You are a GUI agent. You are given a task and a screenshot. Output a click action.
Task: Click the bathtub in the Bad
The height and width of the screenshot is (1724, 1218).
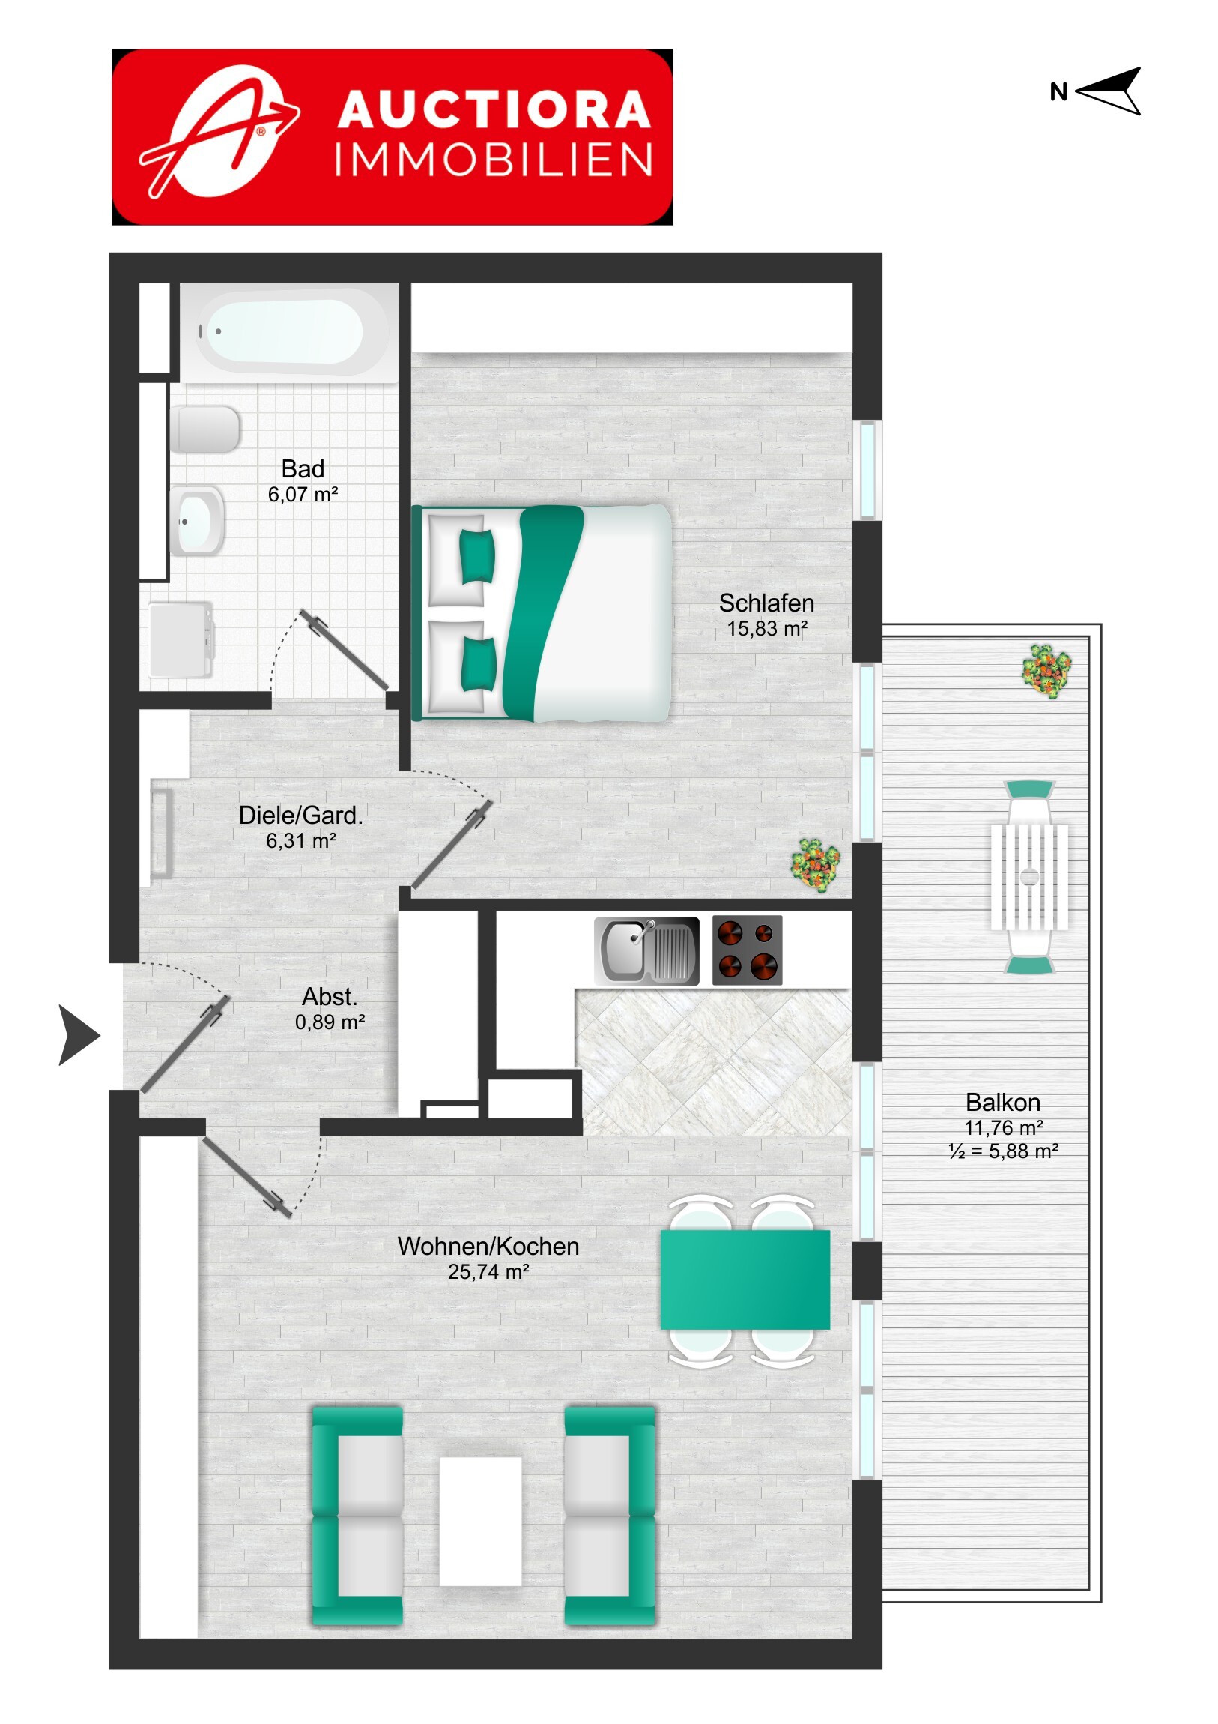pyautogui.click(x=289, y=331)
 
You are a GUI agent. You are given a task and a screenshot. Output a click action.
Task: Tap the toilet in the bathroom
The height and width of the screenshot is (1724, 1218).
pyautogui.click(x=205, y=430)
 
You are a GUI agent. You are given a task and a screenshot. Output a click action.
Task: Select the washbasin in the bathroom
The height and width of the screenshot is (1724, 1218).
pyautogui.click(x=197, y=520)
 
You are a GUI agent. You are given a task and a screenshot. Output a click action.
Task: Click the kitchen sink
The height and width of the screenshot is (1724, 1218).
pyautogui.click(x=647, y=950)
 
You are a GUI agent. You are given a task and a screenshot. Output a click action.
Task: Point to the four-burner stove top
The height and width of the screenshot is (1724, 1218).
pyautogui.click(x=747, y=950)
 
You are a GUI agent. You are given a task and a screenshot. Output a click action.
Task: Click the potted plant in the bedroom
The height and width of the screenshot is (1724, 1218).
pyautogui.click(x=815, y=865)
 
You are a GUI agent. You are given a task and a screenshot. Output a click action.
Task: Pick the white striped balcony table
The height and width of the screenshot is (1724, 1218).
pyautogui.click(x=1030, y=876)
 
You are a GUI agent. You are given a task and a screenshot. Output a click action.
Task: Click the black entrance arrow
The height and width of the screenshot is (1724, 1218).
pyautogui.click(x=79, y=1035)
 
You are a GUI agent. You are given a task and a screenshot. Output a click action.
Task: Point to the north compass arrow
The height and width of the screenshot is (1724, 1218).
pyautogui.click(x=1108, y=91)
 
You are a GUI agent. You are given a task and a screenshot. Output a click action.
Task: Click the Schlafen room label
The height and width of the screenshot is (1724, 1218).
pyautogui.click(x=766, y=603)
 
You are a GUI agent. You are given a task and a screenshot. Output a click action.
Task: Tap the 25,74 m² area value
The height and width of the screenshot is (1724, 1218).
pyautogui.click(x=488, y=1271)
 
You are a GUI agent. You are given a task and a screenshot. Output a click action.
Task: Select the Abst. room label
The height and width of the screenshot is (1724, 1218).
pyautogui.click(x=330, y=996)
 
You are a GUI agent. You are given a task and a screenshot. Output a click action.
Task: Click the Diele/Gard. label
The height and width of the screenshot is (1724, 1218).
pyautogui.click(x=301, y=815)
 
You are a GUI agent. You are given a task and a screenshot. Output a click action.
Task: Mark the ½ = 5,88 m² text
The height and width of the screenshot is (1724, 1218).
pyautogui.click(x=1003, y=1151)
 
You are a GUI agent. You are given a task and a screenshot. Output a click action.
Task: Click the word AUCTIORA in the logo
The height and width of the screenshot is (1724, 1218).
pyautogui.click(x=494, y=109)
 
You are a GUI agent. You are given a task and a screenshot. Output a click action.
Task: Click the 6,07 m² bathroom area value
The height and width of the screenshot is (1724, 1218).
pyautogui.click(x=303, y=494)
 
